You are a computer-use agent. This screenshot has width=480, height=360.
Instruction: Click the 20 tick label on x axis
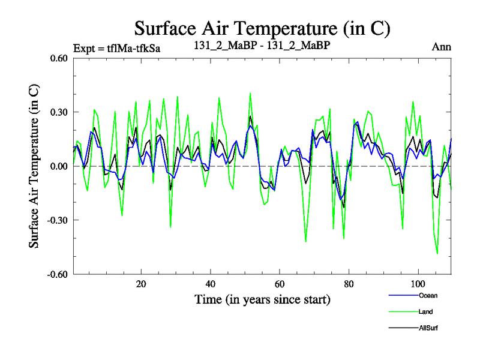pos(141,283)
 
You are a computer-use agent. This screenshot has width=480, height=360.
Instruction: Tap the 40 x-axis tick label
pos(210,283)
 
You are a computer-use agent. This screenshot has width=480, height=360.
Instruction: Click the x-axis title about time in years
pos(262,299)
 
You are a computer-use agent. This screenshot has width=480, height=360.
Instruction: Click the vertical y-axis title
pos(34,166)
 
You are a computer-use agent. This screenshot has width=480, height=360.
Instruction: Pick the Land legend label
pos(425,311)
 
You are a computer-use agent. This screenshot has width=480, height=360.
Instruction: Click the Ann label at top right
pos(441,47)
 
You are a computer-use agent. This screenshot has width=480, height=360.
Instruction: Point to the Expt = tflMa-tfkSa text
pos(117,47)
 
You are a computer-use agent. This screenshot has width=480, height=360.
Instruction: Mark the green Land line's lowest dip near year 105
pos(437,254)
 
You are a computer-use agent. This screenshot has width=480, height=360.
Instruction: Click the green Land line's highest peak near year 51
pos(250,93)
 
